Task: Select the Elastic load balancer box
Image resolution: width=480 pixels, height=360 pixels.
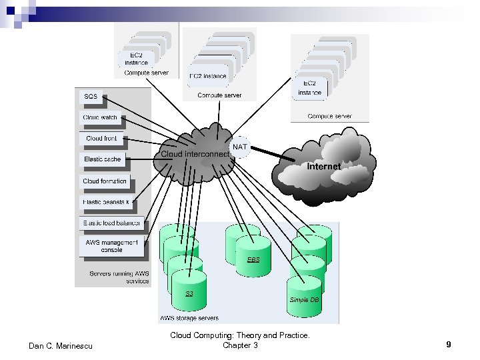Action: pyautogui.click(x=111, y=223)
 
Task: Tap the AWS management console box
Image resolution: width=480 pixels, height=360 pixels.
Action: pyautogui.click(x=111, y=246)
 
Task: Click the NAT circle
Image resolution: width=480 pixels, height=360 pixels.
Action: pyautogui.click(x=239, y=147)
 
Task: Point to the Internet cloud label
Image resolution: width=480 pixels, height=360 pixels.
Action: pyautogui.click(x=324, y=166)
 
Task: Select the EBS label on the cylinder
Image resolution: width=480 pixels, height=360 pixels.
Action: pyautogui.click(x=253, y=259)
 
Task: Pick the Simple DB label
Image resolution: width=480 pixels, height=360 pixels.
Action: pyautogui.click(x=305, y=300)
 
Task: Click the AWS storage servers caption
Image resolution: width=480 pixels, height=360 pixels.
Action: pyautogui.click(x=189, y=317)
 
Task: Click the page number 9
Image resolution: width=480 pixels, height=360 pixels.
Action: pyautogui.click(x=449, y=345)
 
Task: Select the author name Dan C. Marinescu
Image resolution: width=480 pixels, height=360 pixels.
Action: pyautogui.click(x=62, y=345)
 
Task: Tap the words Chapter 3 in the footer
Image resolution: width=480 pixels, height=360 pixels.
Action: pyautogui.click(x=240, y=345)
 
